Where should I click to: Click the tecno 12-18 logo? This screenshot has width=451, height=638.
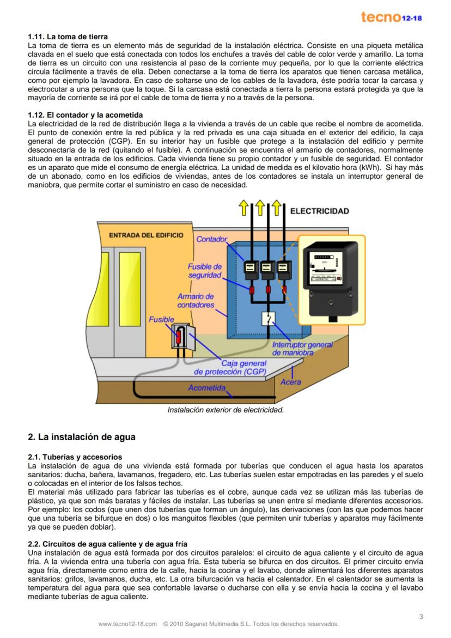tap(391, 17)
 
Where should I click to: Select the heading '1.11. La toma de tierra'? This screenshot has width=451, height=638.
tap(68, 37)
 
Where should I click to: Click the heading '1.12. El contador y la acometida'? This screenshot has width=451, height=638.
tap(85, 115)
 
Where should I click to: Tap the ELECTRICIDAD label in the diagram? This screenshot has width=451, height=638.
tap(319, 211)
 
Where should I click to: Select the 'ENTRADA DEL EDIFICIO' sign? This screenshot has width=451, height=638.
tap(147, 235)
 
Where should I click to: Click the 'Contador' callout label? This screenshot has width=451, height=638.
tap(211, 239)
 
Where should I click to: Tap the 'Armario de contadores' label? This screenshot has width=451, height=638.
tap(196, 301)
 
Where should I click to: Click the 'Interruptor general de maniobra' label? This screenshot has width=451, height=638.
tap(302, 349)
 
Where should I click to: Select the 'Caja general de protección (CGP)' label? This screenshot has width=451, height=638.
tap(231, 368)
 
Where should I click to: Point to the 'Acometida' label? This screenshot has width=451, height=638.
tap(206, 388)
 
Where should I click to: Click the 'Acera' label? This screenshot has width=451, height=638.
tap(291, 382)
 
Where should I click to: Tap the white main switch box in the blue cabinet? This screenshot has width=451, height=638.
tap(268, 318)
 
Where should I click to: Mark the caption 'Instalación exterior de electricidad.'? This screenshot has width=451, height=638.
tap(225, 410)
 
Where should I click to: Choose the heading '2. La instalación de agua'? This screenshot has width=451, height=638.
tap(81, 437)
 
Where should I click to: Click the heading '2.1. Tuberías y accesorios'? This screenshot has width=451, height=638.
tap(75, 457)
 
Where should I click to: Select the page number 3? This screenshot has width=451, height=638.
tap(421, 616)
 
